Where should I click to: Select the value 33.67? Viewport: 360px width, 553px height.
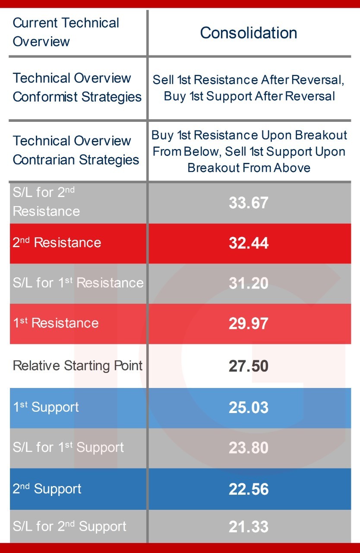coord(249,203)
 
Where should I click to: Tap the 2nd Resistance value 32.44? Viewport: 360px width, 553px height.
coord(249,243)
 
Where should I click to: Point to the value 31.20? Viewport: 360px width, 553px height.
coord(249,283)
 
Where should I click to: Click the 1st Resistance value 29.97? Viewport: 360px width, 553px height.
coord(249,324)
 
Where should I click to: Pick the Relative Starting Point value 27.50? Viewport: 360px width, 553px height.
coord(249,366)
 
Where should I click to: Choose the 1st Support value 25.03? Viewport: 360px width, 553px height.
coord(249,407)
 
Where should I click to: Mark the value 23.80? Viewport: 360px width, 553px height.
coord(249,448)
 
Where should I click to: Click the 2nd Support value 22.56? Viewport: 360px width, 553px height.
coord(249,489)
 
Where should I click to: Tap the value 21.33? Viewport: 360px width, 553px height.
coord(249,527)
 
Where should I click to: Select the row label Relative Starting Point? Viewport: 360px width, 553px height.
coord(78,365)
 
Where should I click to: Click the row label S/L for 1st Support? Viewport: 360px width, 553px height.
coord(68,447)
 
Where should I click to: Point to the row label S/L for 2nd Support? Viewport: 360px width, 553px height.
coord(69,526)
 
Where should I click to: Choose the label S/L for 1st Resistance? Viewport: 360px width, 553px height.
coord(78,283)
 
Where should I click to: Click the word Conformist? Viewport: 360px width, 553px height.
coord(45,96)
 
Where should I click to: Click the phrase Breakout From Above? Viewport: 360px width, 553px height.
coord(249,168)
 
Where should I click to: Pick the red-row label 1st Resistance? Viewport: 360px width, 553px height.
coord(56,323)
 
